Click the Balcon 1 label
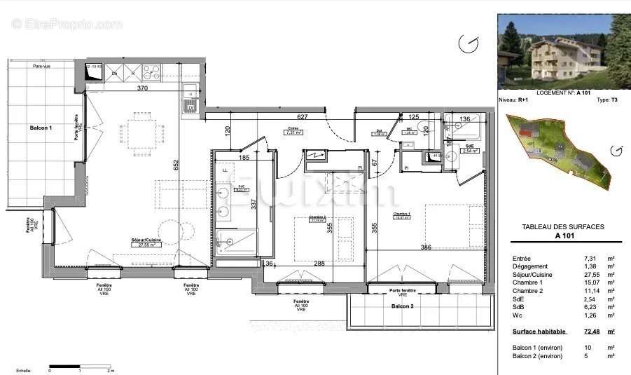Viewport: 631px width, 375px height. (41, 128)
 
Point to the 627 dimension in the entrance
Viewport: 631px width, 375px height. (302, 116)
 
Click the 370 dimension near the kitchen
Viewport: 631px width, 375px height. (141, 88)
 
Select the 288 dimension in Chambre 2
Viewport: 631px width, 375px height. (319, 264)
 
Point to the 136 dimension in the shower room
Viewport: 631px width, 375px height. (464, 118)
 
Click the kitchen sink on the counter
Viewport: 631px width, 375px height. (189, 106)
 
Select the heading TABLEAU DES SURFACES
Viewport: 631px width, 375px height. (562, 227)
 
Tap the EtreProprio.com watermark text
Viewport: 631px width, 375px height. (67, 24)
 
